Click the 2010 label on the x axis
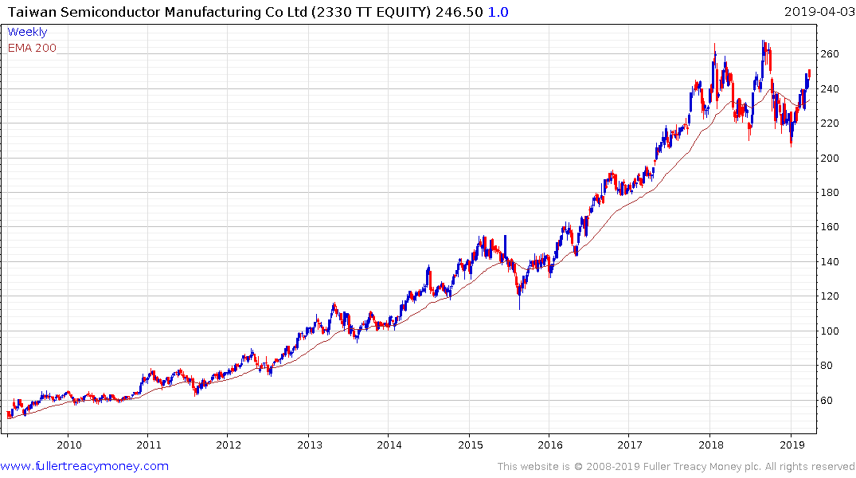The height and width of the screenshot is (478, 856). pyautogui.click(x=68, y=444)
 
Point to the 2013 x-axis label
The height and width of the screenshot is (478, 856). pyautogui.click(x=309, y=444)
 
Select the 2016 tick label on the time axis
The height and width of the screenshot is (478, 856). pyautogui.click(x=549, y=444)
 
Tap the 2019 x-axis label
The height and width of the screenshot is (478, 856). pyautogui.click(x=791, y=444)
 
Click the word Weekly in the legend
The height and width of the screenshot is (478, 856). pyautogui.click(x=27, y=32)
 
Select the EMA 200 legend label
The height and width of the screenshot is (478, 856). pyautogui.click(x=32, y=48)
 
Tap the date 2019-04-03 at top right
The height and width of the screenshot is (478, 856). pyautogui.click(x=817, y=11)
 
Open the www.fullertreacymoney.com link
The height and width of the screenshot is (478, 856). pyautogui.click(x=84, y=466)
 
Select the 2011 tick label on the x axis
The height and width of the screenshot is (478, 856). pyautogui.click(x=149, y=444)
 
